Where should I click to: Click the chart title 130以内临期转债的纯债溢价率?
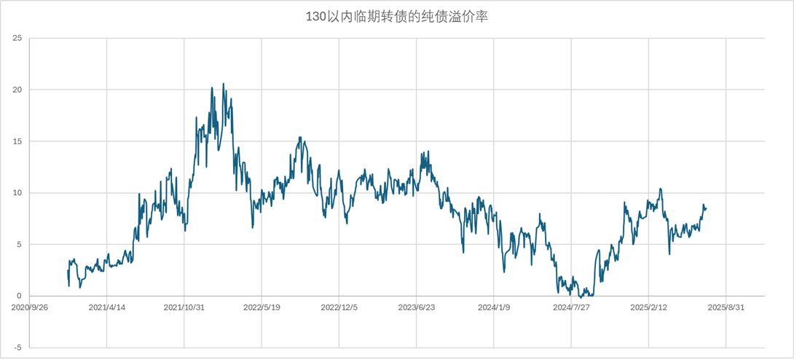(396, 17)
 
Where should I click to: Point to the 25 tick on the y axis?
(17, 38)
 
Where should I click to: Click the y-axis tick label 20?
(17, 90)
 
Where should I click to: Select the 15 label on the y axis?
(17, 141)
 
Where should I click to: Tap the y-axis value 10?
(17, 193)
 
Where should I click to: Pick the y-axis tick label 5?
(20, 245)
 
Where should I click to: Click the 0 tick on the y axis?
(20, 296)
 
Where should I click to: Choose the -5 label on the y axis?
(18, 348)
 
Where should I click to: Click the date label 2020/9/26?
(30, 308)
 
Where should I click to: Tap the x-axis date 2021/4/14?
(107, 308)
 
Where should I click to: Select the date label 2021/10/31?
(184, 308)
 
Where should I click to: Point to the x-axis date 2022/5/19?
(262, 308)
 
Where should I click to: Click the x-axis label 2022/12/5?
(339, 308)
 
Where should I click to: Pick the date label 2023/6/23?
(417, 308)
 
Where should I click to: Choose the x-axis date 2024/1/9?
(494, 308)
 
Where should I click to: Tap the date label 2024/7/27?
(571, 308)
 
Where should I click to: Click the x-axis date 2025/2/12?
(648, 308)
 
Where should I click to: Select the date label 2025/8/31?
(726, 308)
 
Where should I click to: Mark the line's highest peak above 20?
(224, 84)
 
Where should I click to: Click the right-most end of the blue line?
(706, 208)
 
